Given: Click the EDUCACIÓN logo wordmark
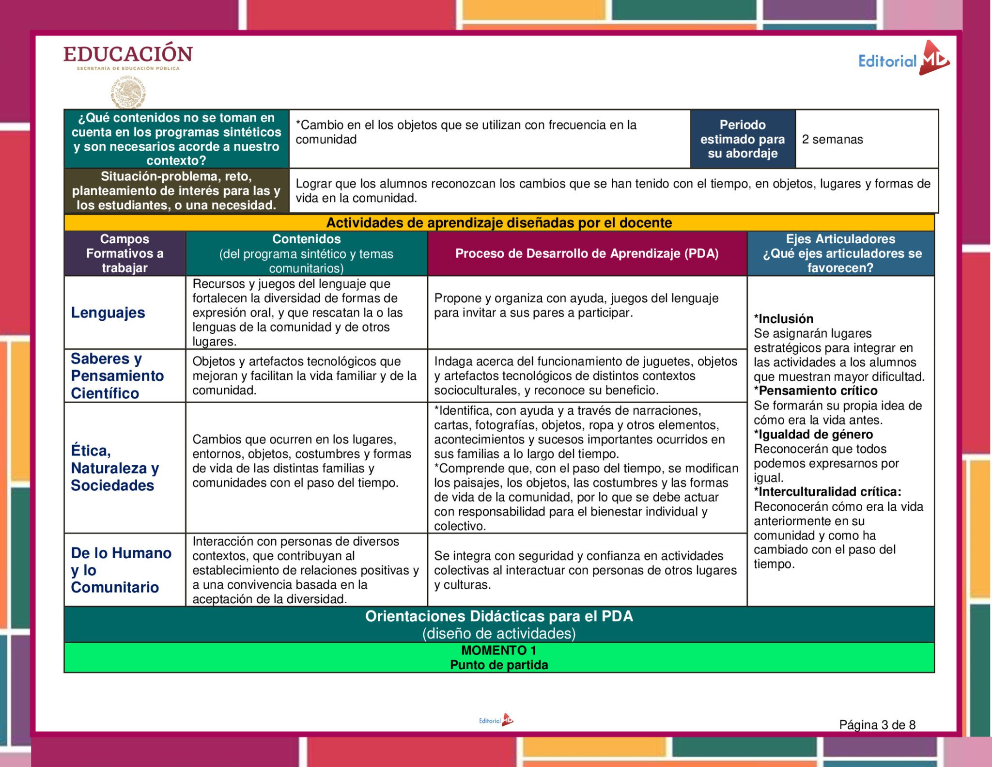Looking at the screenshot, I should pos(128,54).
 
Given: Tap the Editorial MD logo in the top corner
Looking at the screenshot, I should pos(903,60).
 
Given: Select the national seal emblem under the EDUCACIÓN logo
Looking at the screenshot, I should pos(128,93).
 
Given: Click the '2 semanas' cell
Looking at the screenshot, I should pos(832,140).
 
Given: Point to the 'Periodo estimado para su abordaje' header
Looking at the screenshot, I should pos(742,139).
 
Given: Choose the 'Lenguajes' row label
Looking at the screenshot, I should pos(108,313).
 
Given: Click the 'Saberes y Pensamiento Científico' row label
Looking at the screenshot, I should pos(117,376).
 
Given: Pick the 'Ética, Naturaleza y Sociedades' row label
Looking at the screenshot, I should pos(115,468).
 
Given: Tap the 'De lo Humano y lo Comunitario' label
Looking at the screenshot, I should pos(121,570).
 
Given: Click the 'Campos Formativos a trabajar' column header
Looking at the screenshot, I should pos(124,253).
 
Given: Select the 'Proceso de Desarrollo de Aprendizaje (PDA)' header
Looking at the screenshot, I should pos(587,253).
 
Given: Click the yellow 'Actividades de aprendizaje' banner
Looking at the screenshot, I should pos(499,223).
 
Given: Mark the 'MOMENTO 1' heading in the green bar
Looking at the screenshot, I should pos(498,650).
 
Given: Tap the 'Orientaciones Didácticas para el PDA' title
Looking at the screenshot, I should pos(499,616).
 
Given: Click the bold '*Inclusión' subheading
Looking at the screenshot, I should pos(783,319).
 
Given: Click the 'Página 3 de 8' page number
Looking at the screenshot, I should pos(877,725).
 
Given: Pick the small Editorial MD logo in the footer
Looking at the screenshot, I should pos(496,720).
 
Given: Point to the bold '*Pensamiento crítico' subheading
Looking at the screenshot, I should pos(815,391).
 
